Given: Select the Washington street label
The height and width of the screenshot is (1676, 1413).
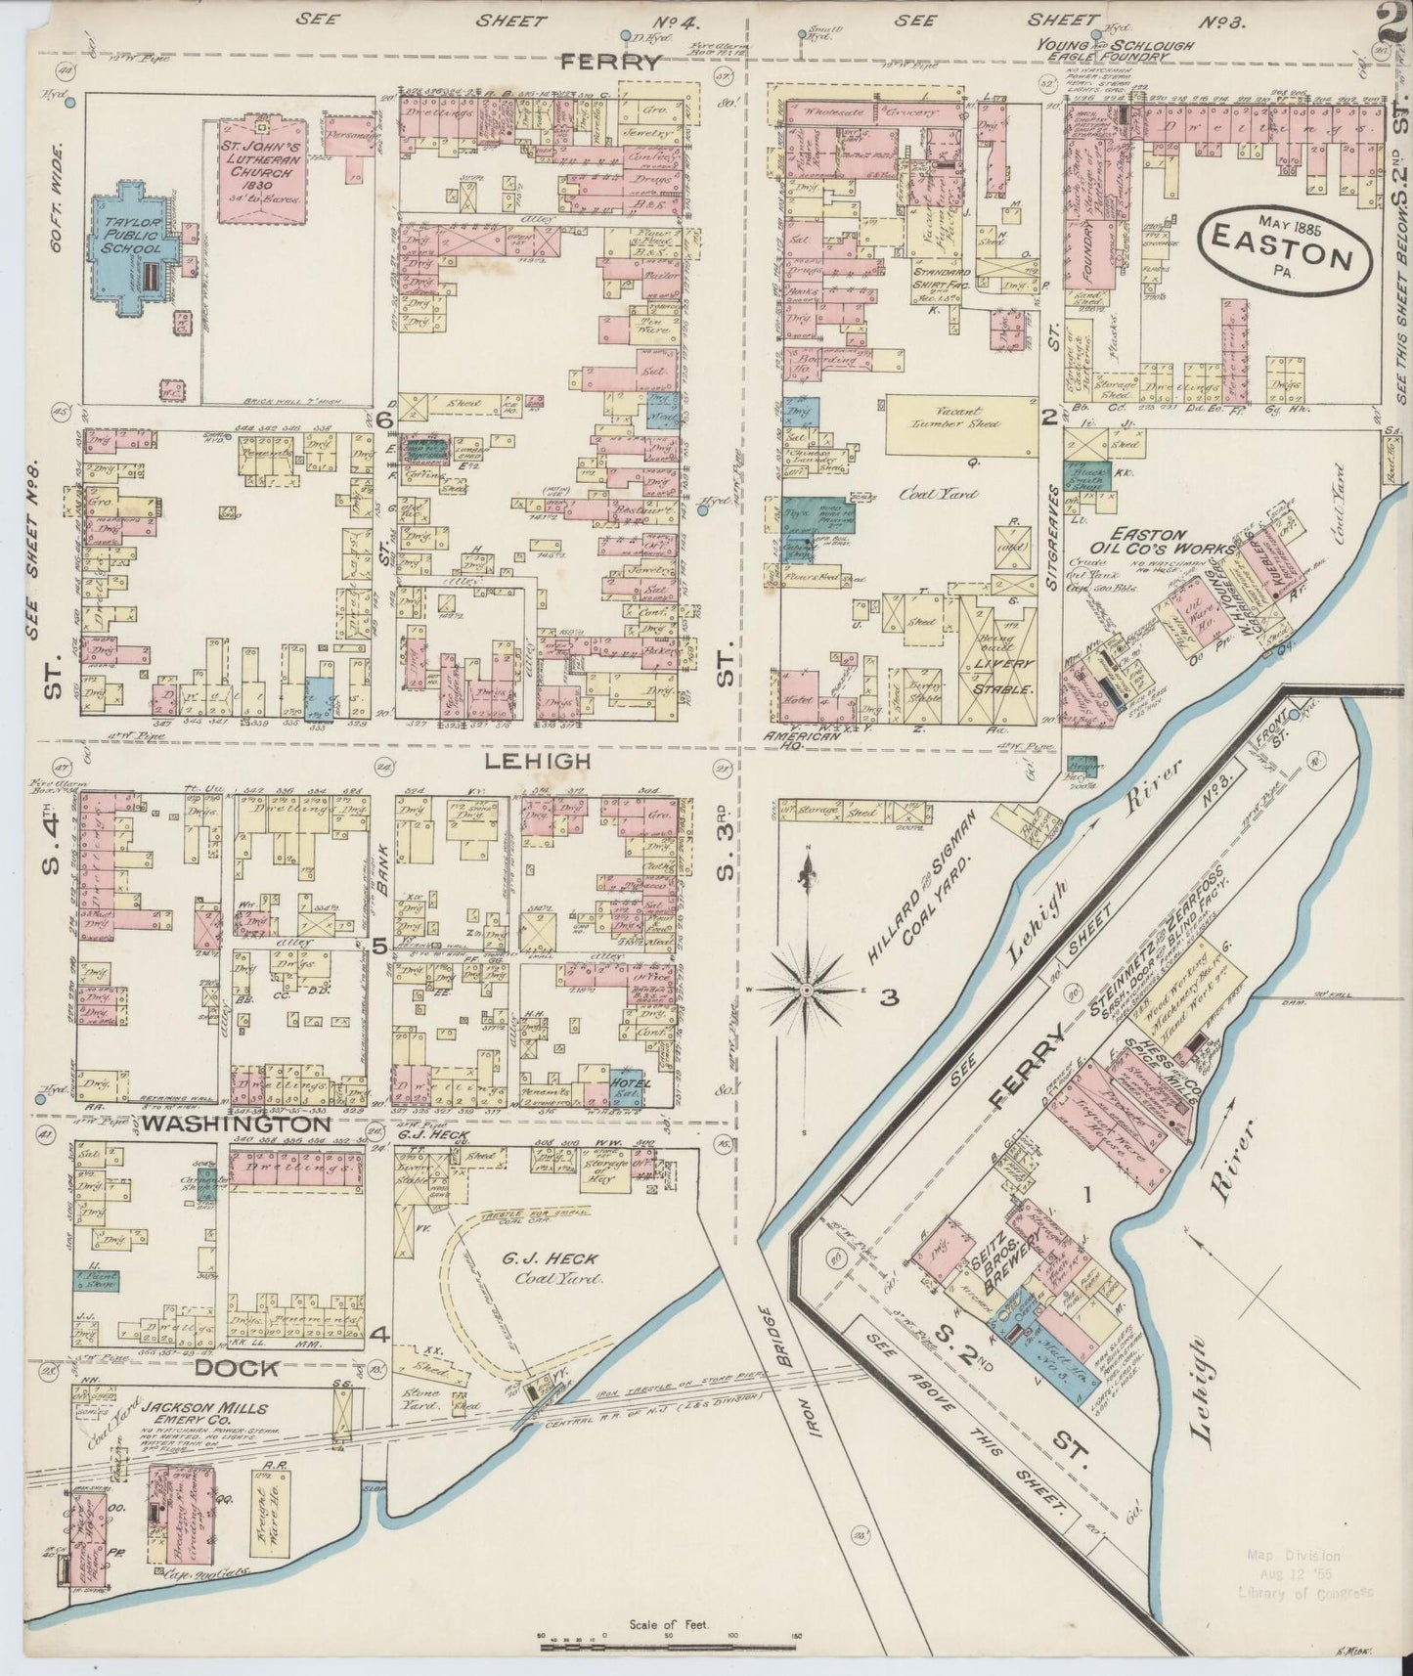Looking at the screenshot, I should pyautogui.click(x=235, y=1125).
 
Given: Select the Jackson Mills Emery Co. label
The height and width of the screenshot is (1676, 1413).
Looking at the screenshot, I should pyautogui.click(x=202, y=1420).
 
